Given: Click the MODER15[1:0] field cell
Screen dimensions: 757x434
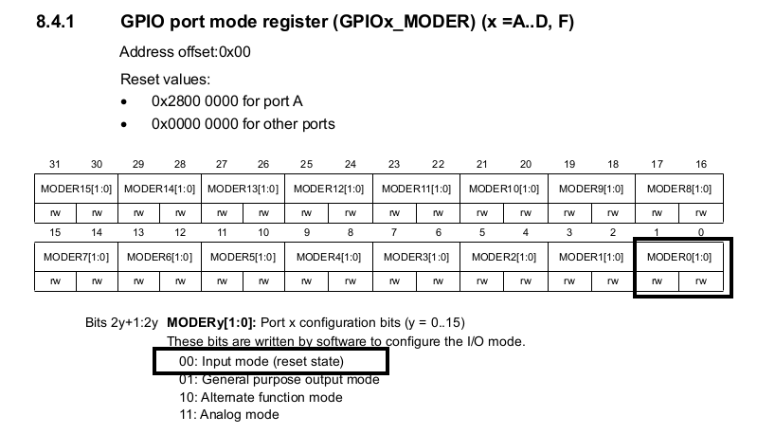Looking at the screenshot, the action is pos(77,189).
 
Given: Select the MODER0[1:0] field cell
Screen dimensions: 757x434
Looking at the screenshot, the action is pos(679,257).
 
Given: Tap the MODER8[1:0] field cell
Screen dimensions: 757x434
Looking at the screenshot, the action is pos(679,189).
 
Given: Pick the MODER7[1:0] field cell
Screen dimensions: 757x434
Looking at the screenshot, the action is pos(77,257).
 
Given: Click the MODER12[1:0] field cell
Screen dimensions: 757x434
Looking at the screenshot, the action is pos(328,189).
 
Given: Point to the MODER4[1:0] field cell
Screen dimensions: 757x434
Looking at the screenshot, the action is pos(328,257).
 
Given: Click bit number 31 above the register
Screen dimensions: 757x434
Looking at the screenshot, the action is pos(55,165).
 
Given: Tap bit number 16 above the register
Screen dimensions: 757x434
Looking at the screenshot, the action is pos(701,165).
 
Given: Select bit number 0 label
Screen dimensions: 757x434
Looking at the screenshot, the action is pos(701,233).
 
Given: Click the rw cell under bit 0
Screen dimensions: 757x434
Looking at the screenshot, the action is pos(701,280).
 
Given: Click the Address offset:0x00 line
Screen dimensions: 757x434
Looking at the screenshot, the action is pos(185,52).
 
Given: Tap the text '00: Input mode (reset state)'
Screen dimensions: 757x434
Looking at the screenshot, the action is pos(261,361).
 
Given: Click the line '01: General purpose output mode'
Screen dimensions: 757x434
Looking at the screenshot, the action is pos(279,379).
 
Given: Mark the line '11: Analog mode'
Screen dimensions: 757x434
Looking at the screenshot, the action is pos(229,414).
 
